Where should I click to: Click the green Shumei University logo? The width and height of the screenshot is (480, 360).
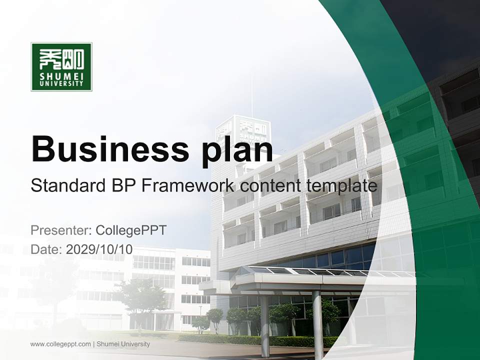(61, 66)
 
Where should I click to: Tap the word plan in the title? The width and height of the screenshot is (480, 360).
(235, 149)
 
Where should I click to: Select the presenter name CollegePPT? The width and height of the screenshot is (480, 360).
(131, 230)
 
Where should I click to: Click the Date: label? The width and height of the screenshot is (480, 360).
(46, 249)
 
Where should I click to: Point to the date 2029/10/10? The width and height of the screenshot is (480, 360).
(99, 249)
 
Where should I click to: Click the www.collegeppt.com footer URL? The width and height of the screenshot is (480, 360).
(60, 344)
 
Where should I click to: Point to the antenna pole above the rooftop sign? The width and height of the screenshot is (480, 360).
(251, 95)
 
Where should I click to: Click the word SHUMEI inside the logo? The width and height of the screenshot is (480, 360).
(61, 76)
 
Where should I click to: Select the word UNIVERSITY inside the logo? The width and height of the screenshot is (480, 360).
(61, 84)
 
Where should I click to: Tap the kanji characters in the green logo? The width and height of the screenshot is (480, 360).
(61, 59)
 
